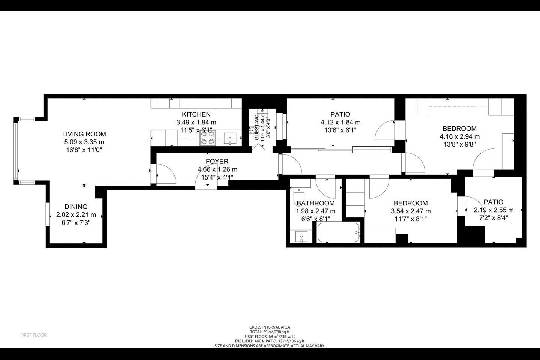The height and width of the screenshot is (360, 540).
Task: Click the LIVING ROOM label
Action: click(84, 134)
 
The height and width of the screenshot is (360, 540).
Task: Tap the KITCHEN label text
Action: click(196, 114)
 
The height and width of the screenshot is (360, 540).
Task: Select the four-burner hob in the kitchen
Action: click(208, 138)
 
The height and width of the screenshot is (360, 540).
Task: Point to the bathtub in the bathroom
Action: click(339, 232)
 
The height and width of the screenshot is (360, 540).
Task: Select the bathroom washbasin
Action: click(301, 237)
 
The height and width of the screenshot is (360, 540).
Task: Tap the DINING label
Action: click(76, 207)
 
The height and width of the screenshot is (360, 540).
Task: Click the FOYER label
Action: click(217, 162)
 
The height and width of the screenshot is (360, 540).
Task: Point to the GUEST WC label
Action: click(257, 127)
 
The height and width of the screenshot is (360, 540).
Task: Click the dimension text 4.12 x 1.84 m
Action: click(340, 123)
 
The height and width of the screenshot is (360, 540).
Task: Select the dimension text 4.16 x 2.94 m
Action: click(459, 137)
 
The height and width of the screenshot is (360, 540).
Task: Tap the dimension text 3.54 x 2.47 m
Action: click(411, 211)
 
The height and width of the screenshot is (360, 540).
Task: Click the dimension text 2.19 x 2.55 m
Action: click(493, 210)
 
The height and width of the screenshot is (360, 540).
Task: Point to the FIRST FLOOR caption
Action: click(33, 335)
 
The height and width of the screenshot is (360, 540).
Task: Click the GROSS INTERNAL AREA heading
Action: click(270, 327)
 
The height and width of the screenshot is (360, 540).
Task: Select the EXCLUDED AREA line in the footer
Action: click(270, 341)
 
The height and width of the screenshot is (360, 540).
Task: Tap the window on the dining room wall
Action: click(48, 214)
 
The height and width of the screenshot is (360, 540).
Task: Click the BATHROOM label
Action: click(316, 204)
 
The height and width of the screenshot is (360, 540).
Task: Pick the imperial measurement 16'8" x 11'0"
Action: click(84, 150)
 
